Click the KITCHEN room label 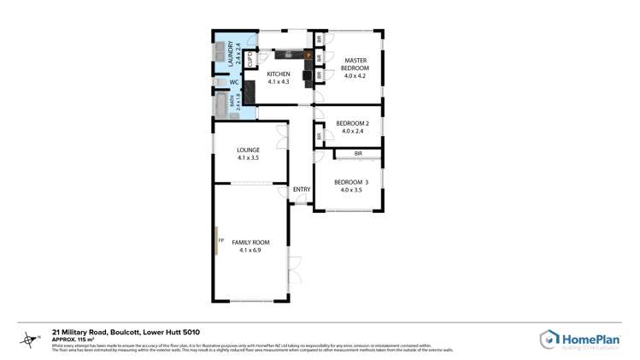[279, 74]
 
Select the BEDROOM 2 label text [352, 123]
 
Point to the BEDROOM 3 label [351, 181]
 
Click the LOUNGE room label [249, 150]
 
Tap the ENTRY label [301, 189]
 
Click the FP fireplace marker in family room [220, 240]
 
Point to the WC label [234, 82]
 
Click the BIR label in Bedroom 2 [319, 135]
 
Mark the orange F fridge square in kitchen [308, 55]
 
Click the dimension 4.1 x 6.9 [249, 250]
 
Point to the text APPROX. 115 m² [73, 339]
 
